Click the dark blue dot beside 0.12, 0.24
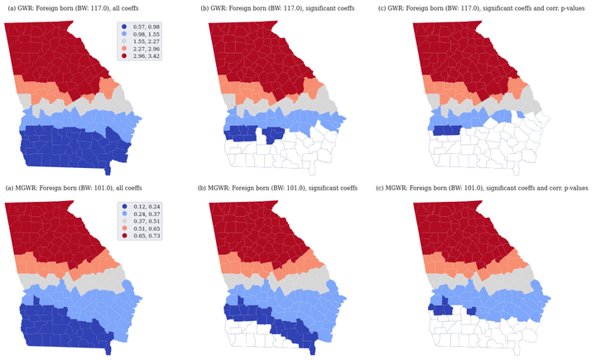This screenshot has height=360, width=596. coord(124,206)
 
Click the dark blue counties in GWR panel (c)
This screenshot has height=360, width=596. coord(446,130)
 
